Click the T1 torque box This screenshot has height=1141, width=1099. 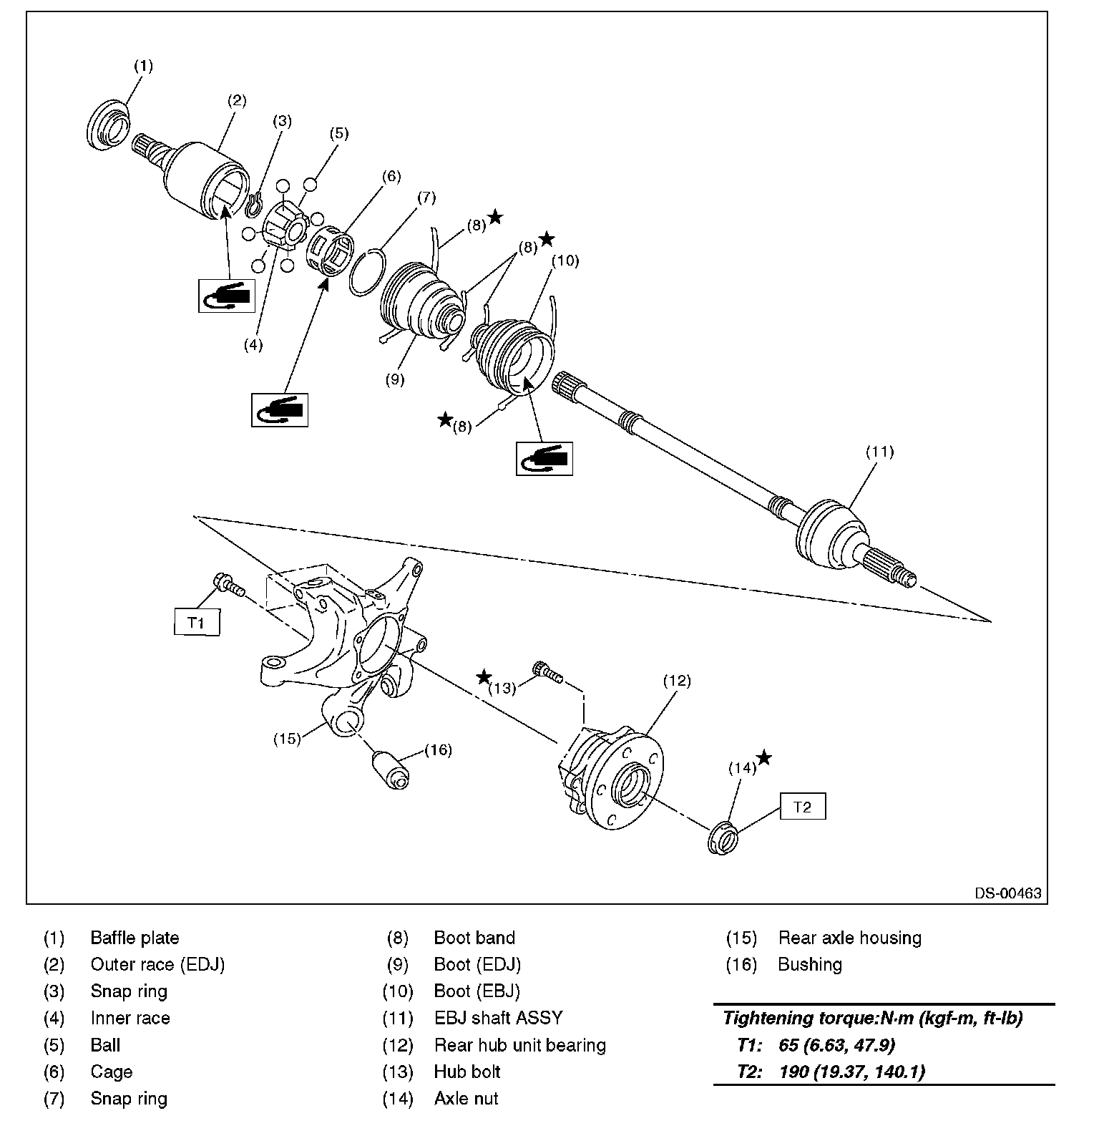coord(197,622)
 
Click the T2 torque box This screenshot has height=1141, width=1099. coord(802,807)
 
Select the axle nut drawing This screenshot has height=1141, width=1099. coord(723,838)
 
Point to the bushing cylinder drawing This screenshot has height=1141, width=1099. coord(390,770)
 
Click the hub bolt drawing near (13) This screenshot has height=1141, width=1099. coord(547,672)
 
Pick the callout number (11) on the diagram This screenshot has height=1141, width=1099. coord(879,452)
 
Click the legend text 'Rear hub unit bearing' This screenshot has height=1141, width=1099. coord(519,1045)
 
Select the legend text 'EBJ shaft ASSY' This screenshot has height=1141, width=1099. coord(498,1018)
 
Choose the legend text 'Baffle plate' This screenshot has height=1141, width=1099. coord(135,938)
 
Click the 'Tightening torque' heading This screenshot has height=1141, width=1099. coord(872,1018)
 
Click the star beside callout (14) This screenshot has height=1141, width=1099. coord(764,757)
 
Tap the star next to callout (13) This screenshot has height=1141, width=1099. coord(484,676)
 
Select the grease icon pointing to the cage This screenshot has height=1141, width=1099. coord(280,409)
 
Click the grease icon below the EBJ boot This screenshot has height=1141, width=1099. coord(544,458)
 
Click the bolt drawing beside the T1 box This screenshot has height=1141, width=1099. coord(228,585)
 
